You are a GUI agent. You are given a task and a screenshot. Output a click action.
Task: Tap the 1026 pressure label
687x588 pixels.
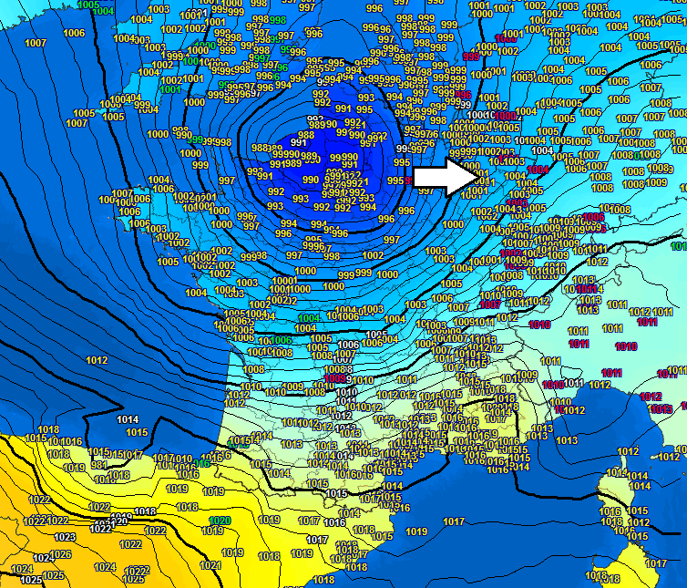(x=60, y=554)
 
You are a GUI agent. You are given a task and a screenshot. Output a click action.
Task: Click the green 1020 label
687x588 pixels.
(x=219, y=521)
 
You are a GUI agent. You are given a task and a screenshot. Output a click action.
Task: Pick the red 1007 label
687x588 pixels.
(x=490, y=304)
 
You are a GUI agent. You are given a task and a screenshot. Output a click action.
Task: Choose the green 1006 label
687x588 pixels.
(x=282, y=340)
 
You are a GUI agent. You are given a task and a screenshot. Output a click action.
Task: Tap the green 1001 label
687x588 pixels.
(x=169, y=89)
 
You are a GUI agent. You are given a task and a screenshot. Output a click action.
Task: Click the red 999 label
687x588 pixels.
(x=471, y=57)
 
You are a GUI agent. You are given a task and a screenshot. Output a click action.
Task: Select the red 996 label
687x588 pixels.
(x=463, y=95)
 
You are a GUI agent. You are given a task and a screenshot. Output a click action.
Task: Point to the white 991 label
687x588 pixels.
(x=298, y=142)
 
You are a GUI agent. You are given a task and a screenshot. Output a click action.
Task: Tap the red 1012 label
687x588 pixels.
(x=651, y=397)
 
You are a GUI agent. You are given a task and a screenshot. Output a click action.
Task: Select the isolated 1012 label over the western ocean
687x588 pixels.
(x=97, y=360)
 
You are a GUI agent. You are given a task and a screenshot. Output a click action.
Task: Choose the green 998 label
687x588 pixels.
(x=278, y=20)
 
